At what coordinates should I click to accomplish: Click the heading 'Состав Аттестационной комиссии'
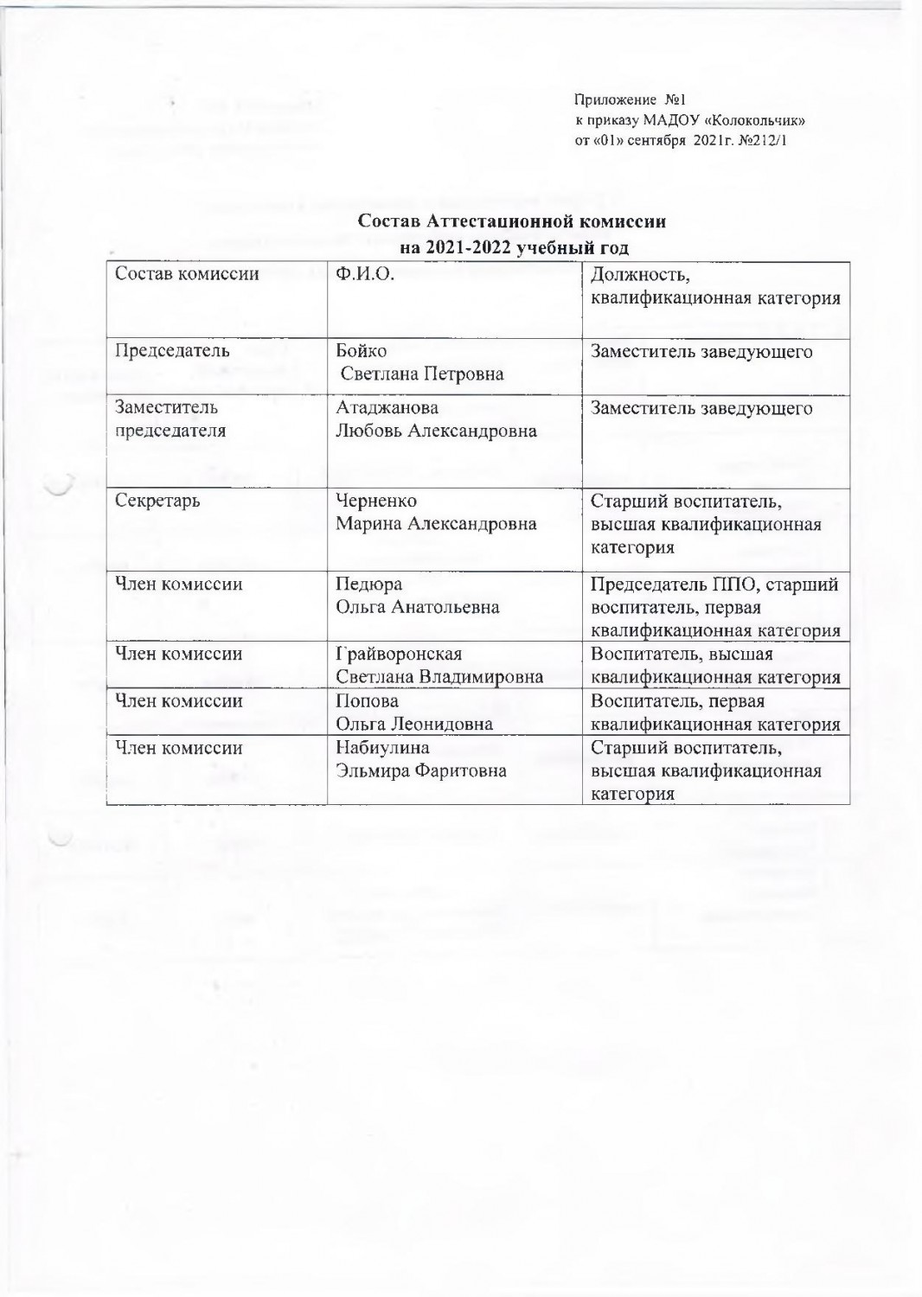click(x=512, y=221)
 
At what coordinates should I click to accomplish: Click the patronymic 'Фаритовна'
click(x=463, y=771)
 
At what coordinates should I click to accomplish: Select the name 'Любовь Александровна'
click(x=436, y=431)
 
